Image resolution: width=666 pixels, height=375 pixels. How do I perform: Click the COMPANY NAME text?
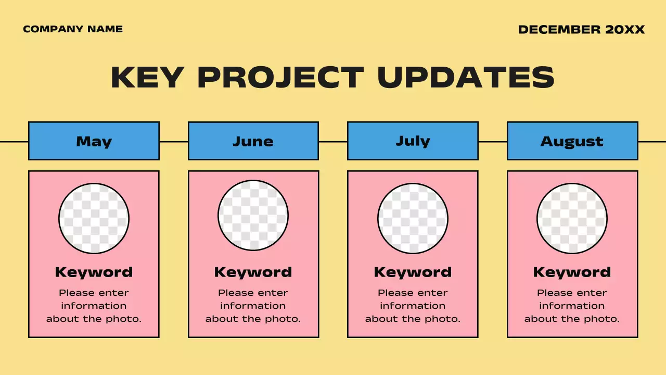[73, 29]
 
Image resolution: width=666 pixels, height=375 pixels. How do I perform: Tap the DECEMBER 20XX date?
[581, 30]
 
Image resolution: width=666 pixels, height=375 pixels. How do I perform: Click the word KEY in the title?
[147, 78]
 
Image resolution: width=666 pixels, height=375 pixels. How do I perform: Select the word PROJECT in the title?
[280, 78]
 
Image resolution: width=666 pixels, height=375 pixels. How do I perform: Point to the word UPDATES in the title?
[466, 78]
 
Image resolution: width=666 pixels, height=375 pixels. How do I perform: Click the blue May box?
[94, 141]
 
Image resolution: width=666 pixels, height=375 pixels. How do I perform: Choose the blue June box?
[253, 141]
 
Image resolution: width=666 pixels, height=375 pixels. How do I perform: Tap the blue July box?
[413, 141]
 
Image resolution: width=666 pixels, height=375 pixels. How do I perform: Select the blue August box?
[572, 141]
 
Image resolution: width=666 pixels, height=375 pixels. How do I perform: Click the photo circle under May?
[94, 218]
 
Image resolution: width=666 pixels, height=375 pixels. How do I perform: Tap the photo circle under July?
[413, 218]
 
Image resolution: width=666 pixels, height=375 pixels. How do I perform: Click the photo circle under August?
[572, 218]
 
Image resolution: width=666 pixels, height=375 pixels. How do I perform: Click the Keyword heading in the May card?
[94, 272]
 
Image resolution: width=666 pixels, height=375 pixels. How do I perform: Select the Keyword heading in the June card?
[253, 272]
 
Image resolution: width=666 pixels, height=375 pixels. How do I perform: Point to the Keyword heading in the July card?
[413, 272]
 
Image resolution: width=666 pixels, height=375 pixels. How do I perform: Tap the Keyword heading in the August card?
[572, 272]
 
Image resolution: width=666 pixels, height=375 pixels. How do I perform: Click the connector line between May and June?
[173, 141]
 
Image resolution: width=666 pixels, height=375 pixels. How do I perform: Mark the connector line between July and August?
[492, 141]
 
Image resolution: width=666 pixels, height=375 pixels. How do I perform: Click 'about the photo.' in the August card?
[572, 319]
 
